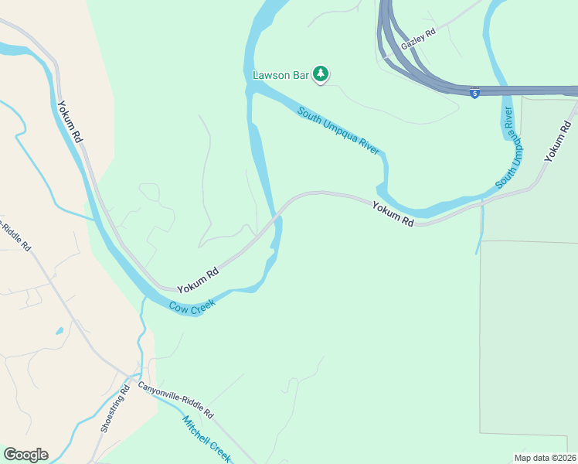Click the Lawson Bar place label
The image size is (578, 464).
(280, 75)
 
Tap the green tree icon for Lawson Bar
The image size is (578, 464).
(321, 74)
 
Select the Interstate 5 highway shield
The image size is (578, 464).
(474, 93)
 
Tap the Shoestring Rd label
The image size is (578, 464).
(113, 408)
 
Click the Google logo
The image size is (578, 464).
(25, 455)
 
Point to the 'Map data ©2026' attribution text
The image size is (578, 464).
(545, 458)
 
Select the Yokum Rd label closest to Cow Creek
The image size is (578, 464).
(198, 280)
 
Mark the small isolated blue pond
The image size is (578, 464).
(59, 331)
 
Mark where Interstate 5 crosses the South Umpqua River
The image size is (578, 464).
(498, 90)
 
